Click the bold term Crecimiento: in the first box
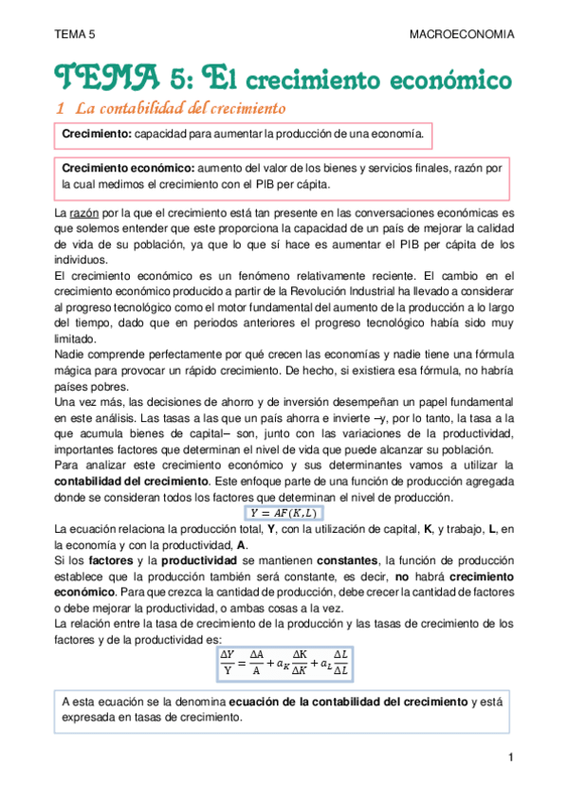[96, 137]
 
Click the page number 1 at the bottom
[509, 757]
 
